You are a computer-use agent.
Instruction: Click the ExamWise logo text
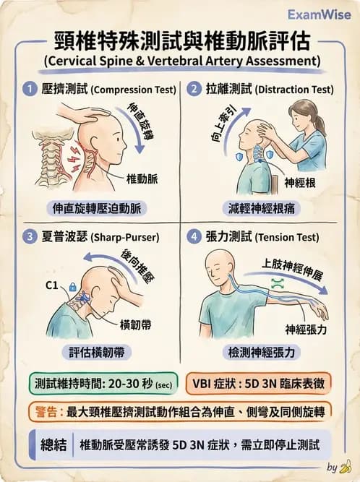[319, 14]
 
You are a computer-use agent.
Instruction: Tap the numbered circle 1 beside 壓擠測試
[30, 90]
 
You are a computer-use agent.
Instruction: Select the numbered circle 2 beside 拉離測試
[194, 90]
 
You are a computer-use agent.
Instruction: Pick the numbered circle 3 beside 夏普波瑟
[30, 236]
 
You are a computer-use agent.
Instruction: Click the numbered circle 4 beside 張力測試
[194, 236]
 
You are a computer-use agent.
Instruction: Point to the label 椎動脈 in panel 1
[142, 178]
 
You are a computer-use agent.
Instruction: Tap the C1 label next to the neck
[51, 286]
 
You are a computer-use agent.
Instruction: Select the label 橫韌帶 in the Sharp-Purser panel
[137, 326]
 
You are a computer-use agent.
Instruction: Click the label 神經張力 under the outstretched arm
[306, 329]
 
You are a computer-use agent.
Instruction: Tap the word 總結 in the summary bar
[52, 442]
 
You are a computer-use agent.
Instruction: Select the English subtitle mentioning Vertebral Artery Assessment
[181, 61]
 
